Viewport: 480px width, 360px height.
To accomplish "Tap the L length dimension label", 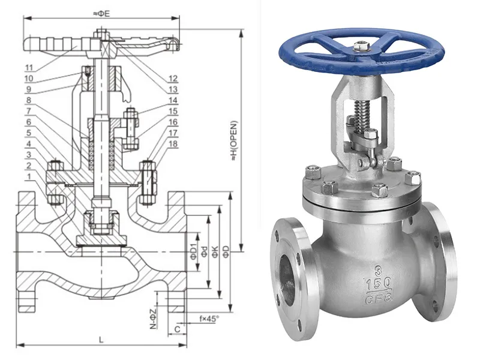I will [100, 340].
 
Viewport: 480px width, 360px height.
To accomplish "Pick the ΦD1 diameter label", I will [193, 251].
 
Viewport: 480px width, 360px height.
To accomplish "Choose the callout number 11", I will [28, 67].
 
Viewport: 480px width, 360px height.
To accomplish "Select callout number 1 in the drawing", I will [28, 175].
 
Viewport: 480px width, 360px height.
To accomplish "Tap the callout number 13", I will [173, 89].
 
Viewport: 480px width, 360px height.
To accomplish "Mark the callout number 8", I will [28, 100].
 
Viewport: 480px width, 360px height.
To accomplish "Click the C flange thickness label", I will [178, 328].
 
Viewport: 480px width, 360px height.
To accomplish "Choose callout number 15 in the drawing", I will [173, 111].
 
